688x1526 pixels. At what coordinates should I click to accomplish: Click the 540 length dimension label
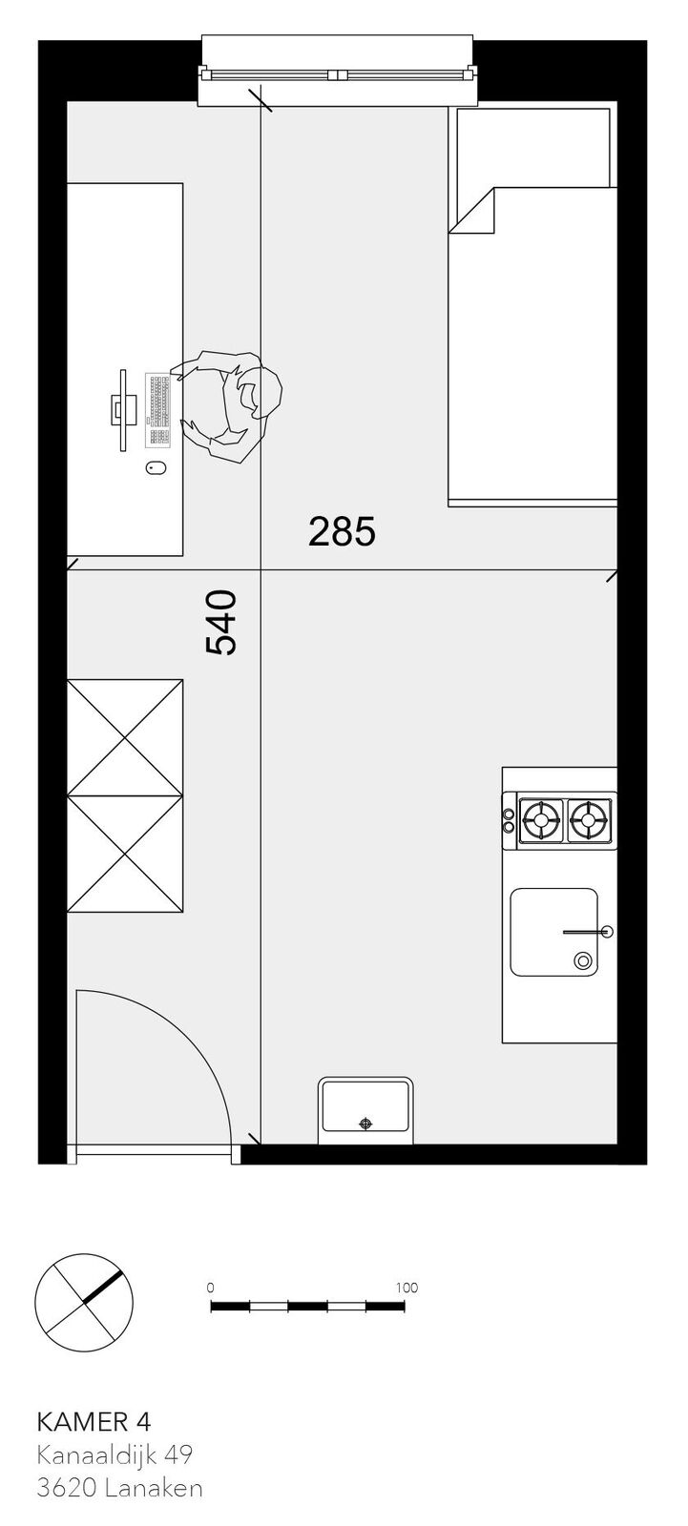click(x=220, y=621)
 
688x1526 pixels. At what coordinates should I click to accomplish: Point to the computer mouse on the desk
click(x=156, y=468)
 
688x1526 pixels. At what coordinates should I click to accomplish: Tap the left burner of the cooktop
click(x=542, y=819)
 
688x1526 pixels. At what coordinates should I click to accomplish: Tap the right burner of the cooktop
click(x=590, y=819)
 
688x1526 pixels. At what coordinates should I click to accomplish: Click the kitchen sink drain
click(x=582, y=960)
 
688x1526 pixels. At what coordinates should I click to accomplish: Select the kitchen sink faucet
click(x=588, y=931)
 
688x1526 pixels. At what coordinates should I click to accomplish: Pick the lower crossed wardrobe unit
click(x=125, y=853)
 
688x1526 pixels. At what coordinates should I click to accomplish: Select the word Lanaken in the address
click(x=154, y=1487)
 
